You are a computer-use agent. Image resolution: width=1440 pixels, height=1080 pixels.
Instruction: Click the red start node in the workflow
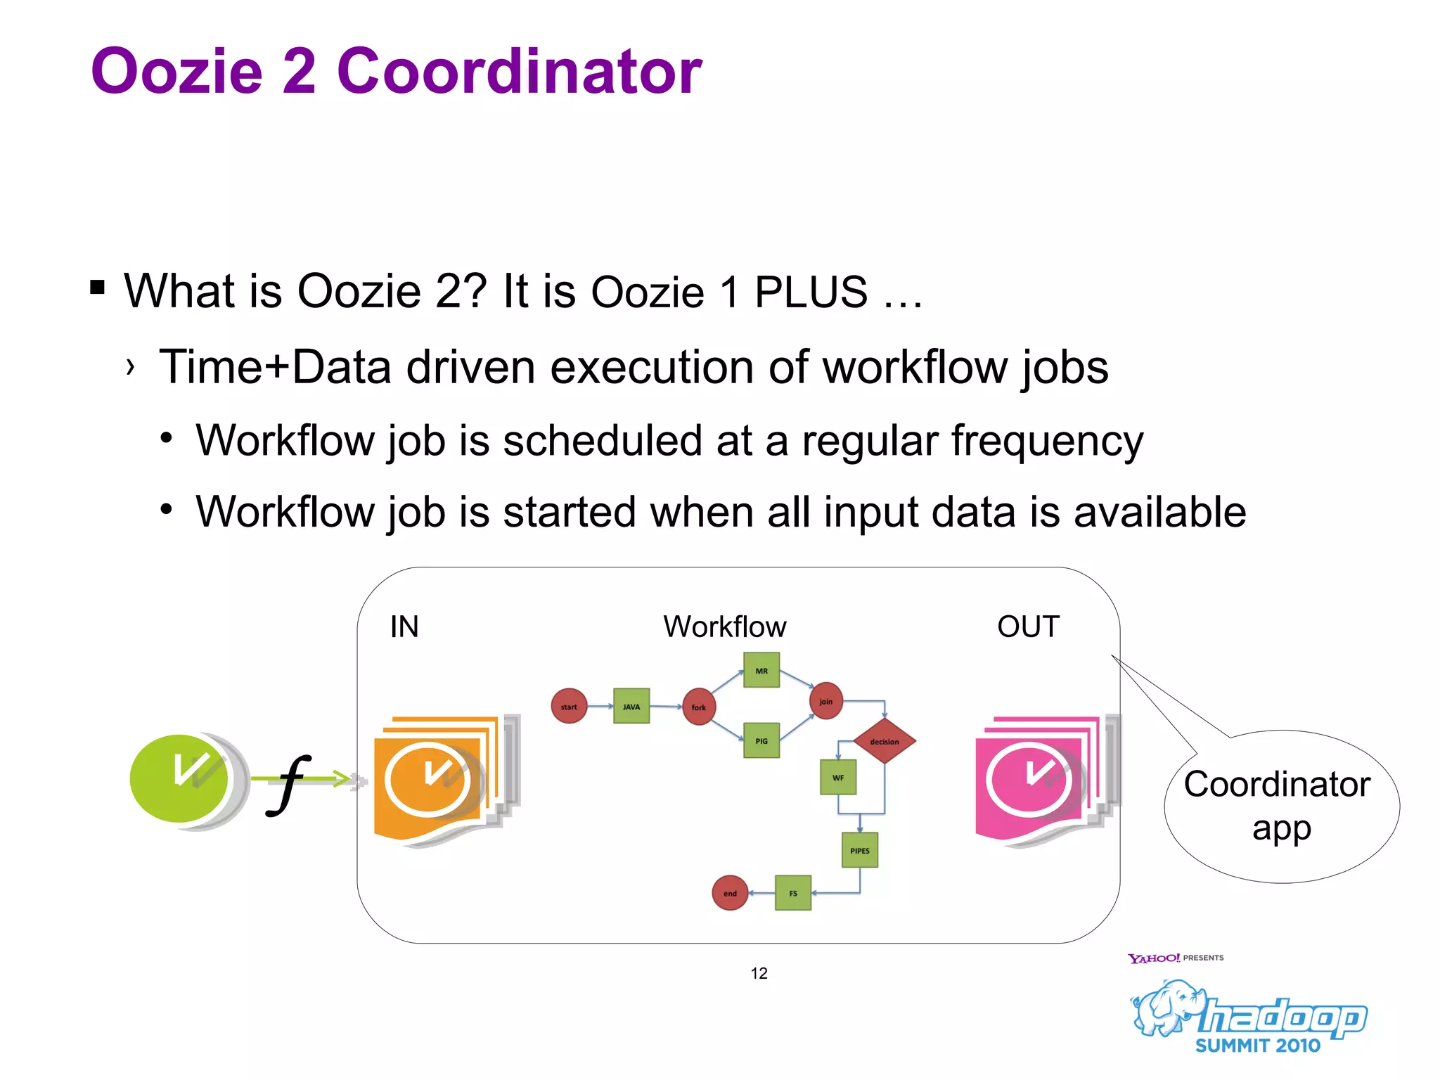coord(569,707)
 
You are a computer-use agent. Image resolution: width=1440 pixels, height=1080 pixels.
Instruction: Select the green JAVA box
coord(631,707)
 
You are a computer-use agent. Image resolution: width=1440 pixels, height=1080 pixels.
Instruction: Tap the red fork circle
coord(699,707)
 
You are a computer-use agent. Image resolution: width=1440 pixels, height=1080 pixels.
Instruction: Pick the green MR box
coord(761,670)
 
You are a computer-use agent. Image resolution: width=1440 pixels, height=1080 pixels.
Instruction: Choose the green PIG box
coord(761,740)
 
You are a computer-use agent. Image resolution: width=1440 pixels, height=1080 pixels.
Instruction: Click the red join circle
coord(825,701)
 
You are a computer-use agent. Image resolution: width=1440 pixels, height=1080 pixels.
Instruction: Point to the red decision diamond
coord(885,741)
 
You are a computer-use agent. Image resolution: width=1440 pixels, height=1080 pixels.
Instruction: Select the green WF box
coord(838,777)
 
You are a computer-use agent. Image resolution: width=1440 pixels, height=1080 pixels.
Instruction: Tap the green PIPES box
coord(860,850)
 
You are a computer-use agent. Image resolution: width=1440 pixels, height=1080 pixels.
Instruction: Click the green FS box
coord(793,893)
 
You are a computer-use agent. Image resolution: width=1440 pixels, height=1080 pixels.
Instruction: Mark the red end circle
coord(730,893)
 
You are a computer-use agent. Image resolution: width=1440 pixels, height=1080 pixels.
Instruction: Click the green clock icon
coord(180,778)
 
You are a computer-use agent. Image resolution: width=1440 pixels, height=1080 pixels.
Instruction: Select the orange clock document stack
coord(439,780)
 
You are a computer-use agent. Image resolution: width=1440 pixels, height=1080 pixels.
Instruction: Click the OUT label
coord(1028,626)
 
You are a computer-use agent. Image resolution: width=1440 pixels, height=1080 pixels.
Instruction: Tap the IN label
coord(404,626)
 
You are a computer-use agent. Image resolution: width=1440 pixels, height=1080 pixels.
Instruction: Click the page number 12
coord(759,973)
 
